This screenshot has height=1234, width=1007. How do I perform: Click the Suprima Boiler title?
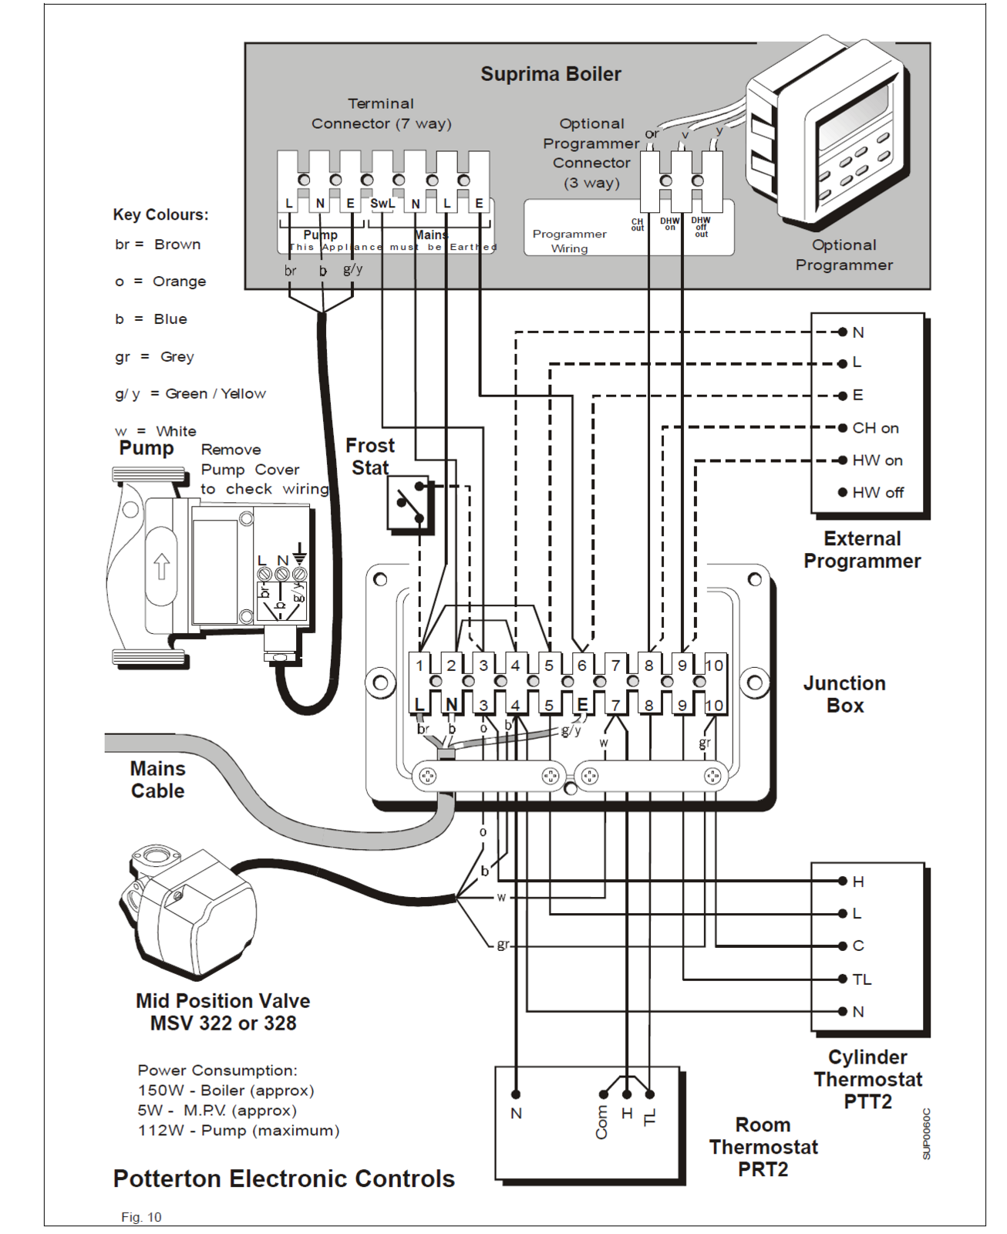click(x=551, y=74)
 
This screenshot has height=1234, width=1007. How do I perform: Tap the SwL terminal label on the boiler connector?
click(x=382, y=204)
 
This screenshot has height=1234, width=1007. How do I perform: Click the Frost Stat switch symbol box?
click(x=408, y=503)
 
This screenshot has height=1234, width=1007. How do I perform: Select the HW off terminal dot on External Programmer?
click(x=842, y=492)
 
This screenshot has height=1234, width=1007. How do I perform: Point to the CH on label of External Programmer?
click(x=875, y=428)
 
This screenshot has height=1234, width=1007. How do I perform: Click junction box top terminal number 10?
click(x=714, y=665)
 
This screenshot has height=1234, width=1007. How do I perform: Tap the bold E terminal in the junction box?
click(x=582, y=704)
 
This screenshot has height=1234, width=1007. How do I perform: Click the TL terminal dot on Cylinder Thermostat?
click(x=842, y=979)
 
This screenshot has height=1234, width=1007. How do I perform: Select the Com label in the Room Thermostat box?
click(x=601, y=1122)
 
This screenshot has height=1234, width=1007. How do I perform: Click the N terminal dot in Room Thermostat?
click(x=516, y=1094)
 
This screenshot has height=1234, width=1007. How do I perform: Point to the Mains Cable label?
click(x=157, y=780)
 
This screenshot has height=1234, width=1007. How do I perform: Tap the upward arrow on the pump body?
click(x=161, y=565)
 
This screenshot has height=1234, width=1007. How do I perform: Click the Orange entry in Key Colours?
click(x=160, y=282)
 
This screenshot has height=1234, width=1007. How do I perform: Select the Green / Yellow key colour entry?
click(x=190, y=394)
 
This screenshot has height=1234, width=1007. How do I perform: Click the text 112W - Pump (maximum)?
click(x=238, y=1131)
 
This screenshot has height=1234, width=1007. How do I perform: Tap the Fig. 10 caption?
click(x=141, y=1217)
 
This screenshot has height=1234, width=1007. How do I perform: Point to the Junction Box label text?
click(x=844, y=694)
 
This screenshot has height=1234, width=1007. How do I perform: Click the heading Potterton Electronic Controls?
click(x=284, y=1178)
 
